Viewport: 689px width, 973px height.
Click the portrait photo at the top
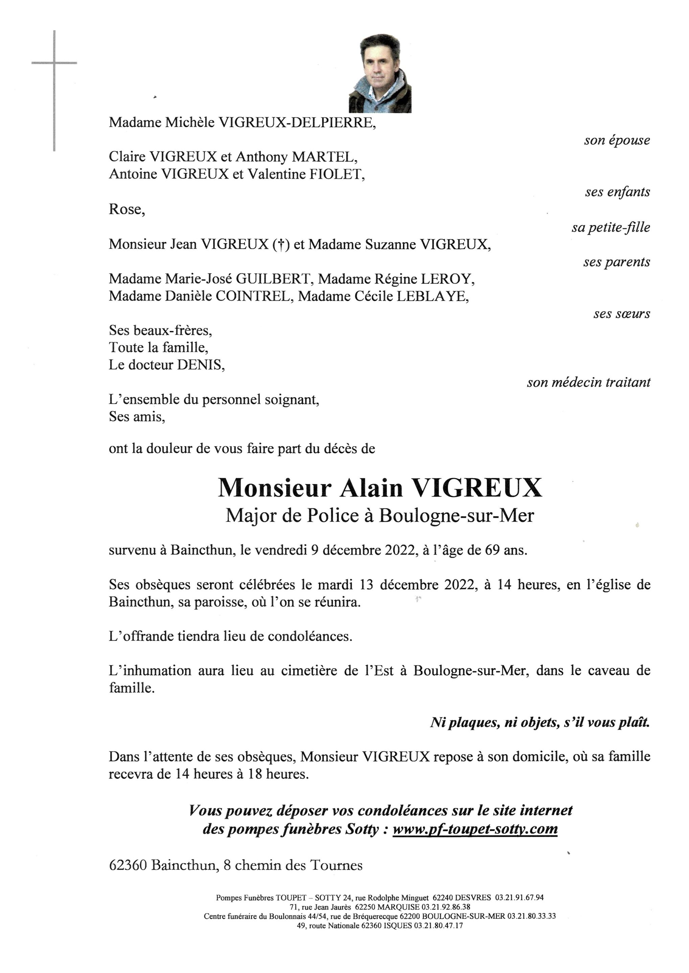click(x=380, y=73)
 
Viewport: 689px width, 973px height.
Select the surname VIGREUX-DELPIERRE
click(x=297, y=123)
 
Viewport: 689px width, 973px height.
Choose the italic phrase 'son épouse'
click(x=617, y=140)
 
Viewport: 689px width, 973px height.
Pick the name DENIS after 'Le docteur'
click(x=200, y=365)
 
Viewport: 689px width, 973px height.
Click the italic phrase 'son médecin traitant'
click(x=589, y=382)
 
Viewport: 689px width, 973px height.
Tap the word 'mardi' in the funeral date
click(x=336, y=585)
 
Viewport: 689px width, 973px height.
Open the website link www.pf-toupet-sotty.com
click(x=475, y=828)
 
